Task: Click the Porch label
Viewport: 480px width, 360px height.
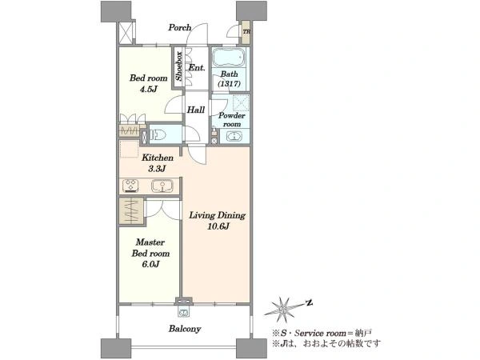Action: point(180,27)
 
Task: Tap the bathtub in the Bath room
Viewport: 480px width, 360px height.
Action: point(229,58)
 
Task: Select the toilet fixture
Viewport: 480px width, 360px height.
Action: point(157,134)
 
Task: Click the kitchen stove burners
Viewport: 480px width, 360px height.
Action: point(130,186)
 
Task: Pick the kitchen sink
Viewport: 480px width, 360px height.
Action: point(162,186)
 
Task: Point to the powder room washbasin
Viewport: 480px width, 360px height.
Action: point(234,136)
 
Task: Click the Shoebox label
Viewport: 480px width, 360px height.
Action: point(178,66)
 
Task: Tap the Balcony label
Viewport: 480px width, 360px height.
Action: point(185,329)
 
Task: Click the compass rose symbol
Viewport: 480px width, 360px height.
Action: point(282,310)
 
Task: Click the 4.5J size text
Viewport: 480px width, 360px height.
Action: point(149,90)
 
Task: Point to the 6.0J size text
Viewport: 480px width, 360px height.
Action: point(150,264)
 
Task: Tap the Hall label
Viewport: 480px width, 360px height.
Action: point(196,110)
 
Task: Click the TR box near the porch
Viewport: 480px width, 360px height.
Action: point(246,32)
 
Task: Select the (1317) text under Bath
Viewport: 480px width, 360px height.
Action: point(229,83)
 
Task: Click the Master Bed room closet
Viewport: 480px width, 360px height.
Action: point(130,211)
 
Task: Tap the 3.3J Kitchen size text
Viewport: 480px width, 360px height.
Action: point(157,168)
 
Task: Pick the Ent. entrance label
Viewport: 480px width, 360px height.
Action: point(197,68)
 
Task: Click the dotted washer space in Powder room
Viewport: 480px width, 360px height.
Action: point(241,102)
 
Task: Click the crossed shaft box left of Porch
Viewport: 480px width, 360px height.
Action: point(126,33)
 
